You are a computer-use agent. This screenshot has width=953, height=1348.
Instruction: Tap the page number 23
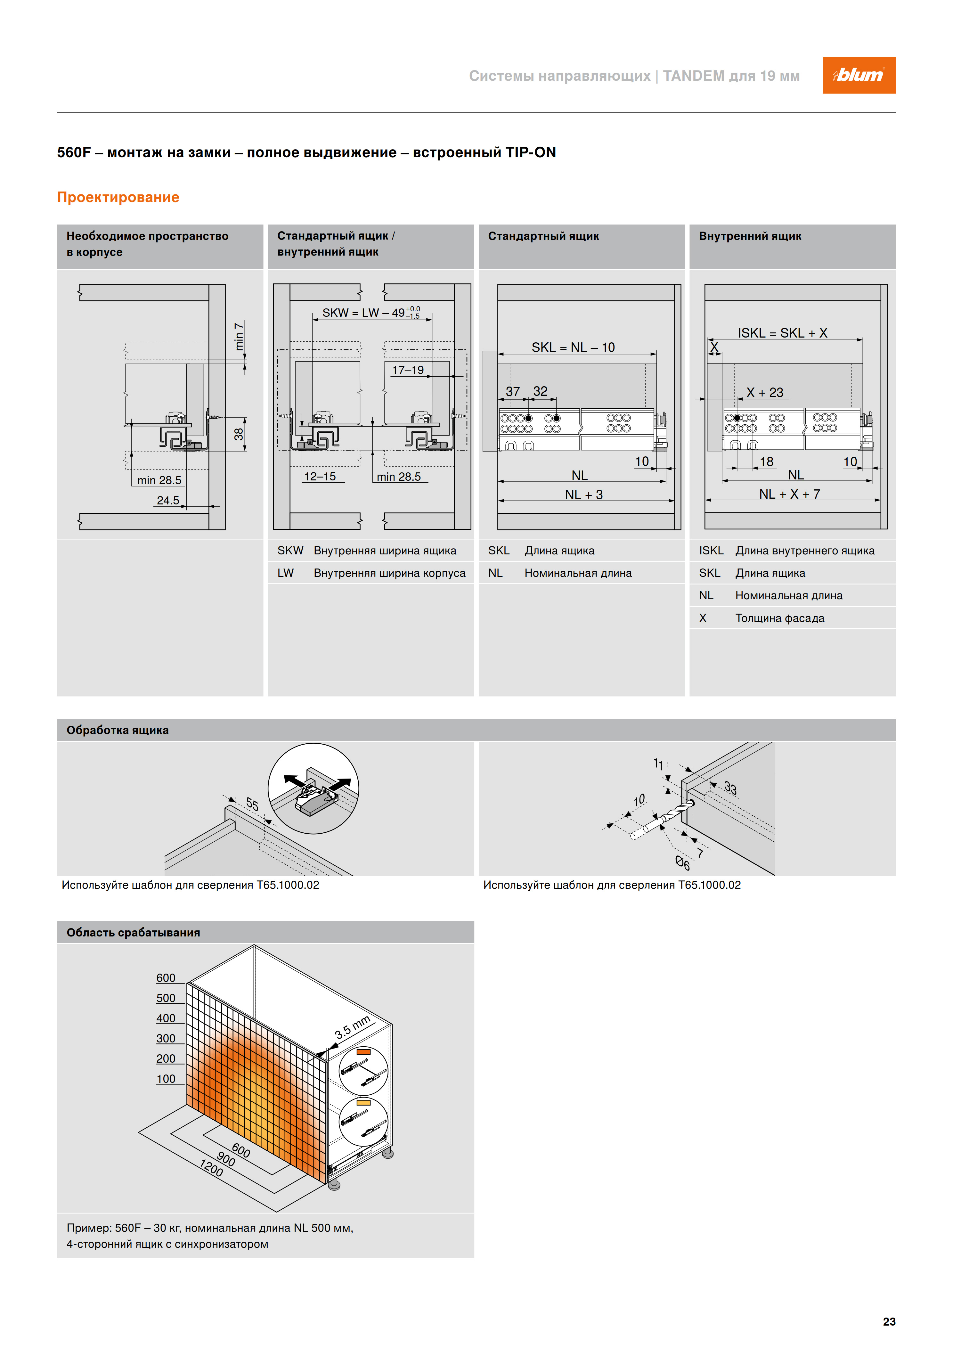889,1321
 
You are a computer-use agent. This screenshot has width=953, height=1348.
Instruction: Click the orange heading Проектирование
118,197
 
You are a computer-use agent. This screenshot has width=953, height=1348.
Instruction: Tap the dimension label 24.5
168,500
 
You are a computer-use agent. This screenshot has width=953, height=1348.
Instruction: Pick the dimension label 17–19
408,370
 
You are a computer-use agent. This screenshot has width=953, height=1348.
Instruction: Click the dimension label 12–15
320,476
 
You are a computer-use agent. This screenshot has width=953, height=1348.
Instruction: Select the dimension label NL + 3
584,494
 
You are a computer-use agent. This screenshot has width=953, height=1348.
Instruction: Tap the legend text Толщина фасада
780,618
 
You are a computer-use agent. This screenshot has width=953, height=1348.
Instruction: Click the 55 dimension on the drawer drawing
252,804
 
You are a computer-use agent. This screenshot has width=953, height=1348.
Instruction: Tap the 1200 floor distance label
211,1168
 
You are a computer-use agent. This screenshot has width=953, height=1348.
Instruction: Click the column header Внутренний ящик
750,236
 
